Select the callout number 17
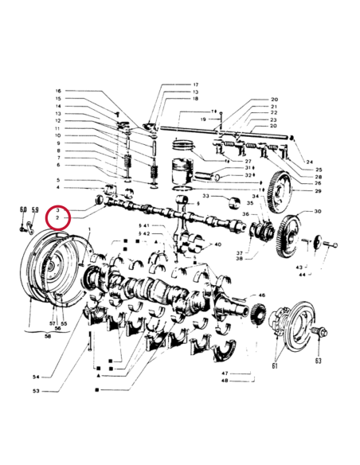(195, 84)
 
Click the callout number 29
(318, 191)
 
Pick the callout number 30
(318, 212)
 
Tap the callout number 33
(205, 196)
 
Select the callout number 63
(318, 360)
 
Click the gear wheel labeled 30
(286, 226)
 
